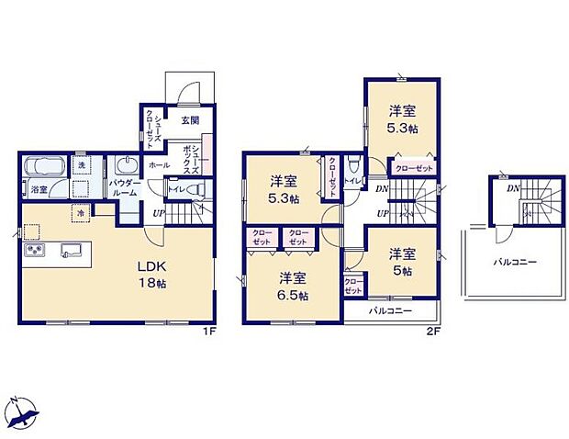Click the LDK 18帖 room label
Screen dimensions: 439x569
point(152,273)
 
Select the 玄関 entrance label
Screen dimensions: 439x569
point(190,120)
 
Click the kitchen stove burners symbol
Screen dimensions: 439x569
point(35,253)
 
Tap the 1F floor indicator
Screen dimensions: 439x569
point(210,332)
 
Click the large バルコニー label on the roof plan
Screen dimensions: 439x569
point(513,263)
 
